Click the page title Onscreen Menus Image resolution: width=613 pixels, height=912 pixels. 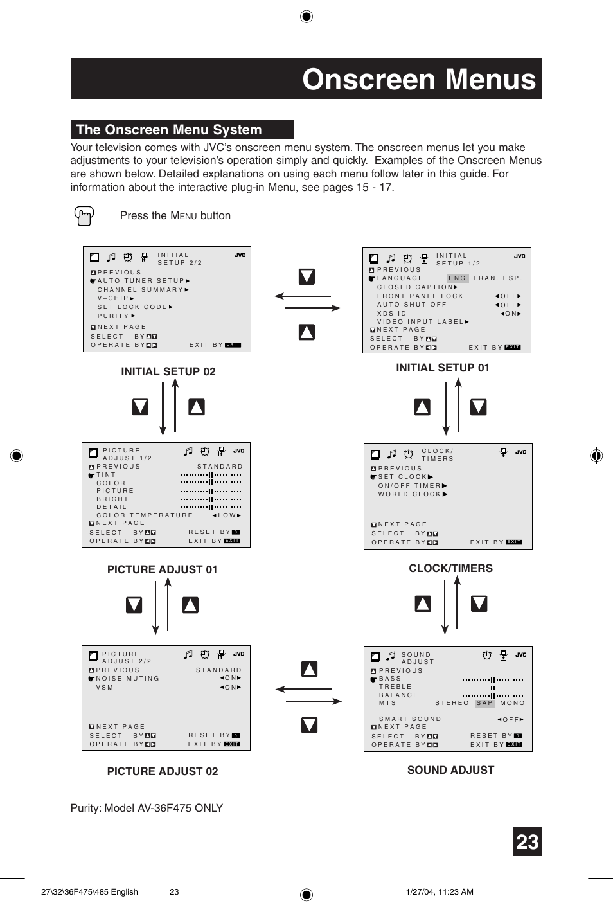click(x=418, y=80)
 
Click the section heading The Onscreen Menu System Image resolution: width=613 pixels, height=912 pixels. click(x=169, y=130)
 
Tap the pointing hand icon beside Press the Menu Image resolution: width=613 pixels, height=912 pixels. click(x=84, y=216)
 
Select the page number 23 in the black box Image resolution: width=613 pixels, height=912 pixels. click(x=527, y=842)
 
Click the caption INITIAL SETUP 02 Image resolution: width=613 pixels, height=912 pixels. click(x=168, y=371)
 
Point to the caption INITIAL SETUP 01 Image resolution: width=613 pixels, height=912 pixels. click(x=442, y=368)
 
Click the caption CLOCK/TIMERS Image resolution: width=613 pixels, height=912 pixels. click(x=450, y=568)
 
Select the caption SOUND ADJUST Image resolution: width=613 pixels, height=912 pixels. click(x=450, y=770)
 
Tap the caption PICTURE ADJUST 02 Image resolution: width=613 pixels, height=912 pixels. click(x=163, y=771)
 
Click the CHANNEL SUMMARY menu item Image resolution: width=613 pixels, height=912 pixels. click(x=141, y=290)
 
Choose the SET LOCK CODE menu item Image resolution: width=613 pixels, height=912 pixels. click(x=132, y=307)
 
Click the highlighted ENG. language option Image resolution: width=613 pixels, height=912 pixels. click(x=458, y=278)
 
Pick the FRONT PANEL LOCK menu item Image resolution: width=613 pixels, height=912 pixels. click(x=420, y=296)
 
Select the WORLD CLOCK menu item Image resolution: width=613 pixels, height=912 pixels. click(x=410, y=494)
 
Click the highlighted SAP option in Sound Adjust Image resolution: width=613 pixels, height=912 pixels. click(x=484, y=703)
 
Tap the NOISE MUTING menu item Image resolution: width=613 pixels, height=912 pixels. click(x=127, y=679)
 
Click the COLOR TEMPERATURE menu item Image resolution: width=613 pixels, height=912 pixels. click(x=145, y=515)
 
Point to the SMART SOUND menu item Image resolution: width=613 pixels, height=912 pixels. click(x=410, y=719)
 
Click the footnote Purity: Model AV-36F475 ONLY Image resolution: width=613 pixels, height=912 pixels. click(x=147, y=808)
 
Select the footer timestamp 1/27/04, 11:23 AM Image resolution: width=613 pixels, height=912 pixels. click(x=440, y=891)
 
